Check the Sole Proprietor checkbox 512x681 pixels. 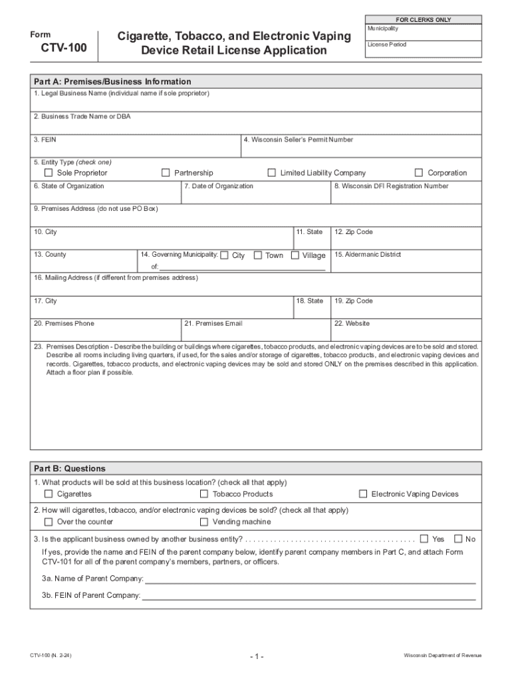pos(49,173)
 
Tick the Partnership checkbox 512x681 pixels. pos(166,173)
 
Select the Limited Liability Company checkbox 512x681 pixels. pos(271,173)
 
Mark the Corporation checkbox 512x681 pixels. pos(419,173)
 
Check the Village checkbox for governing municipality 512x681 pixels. pos(295,255)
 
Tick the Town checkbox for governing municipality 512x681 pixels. pos(257,255)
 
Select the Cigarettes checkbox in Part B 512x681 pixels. pos(49,494)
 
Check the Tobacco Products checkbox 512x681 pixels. pos(204,494)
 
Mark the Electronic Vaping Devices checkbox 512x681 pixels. pos(363,494)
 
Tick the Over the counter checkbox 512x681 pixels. pos(49,522)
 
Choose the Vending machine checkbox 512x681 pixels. pos(204,522)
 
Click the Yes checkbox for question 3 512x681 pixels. pos(424,539)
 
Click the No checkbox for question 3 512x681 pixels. pos(457,539)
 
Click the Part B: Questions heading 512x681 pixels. pos(70,469)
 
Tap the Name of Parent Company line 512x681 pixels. pos(310,579)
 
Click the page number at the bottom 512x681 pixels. pos(257,657)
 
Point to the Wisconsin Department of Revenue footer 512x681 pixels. pos(442,656)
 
